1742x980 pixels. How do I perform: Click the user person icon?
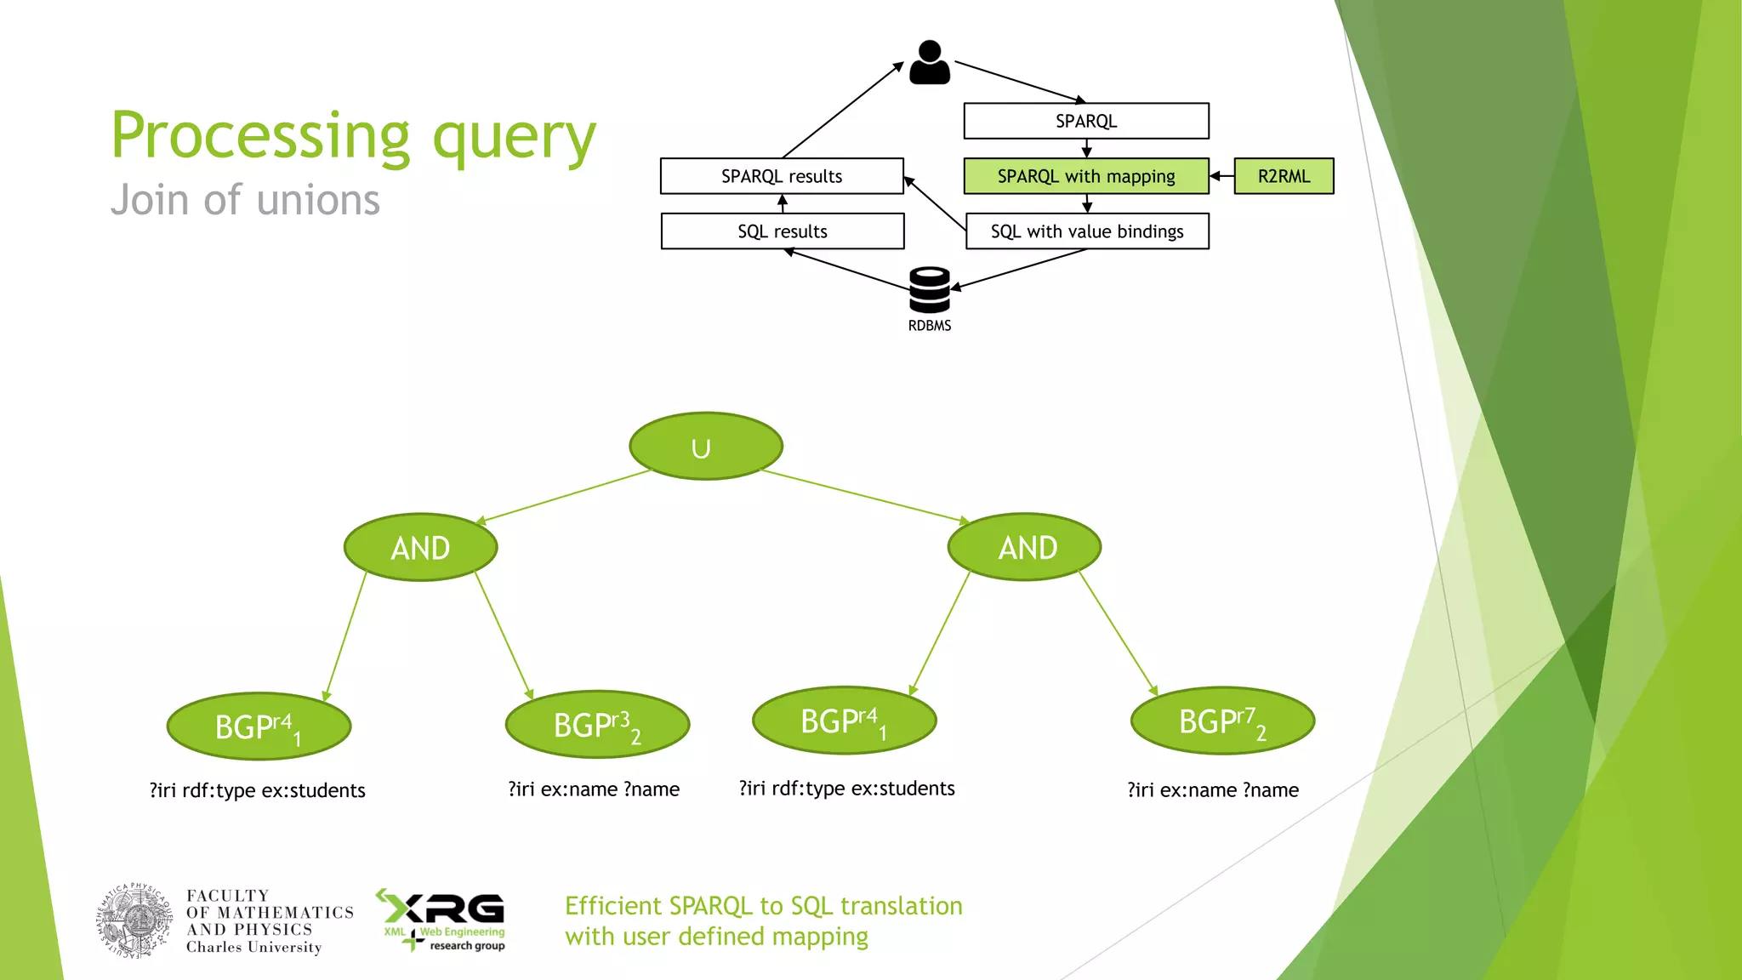tap(930, 62)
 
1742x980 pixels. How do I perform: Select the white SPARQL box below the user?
tap(1086, 121)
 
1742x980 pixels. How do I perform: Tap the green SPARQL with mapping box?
tap(1086, 176)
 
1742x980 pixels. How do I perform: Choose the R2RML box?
tap(1284, 176)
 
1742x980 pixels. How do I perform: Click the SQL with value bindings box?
tap(1086, 231)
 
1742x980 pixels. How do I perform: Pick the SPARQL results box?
tap(782, 176)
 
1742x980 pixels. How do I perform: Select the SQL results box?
tap(782, 231)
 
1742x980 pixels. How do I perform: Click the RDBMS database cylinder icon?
tap(929, 290)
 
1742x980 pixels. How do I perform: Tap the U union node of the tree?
tap(705, 447)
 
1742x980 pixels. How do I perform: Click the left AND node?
tap(420, 548)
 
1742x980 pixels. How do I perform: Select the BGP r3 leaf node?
tap(597, 725)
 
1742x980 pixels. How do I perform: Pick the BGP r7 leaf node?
tap(1222, 721)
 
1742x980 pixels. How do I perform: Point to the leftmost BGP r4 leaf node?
tap(259, 726)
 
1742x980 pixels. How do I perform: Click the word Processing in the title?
tap(260, 136)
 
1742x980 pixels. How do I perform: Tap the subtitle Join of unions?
tap(245, 201)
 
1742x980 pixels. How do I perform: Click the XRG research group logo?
tap(442, 920)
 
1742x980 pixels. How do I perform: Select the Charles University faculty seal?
tap(136, 921)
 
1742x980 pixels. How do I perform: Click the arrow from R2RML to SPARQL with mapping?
tap(1221, 176)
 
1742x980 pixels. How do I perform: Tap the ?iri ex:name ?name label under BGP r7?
tap(1213, 790)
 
